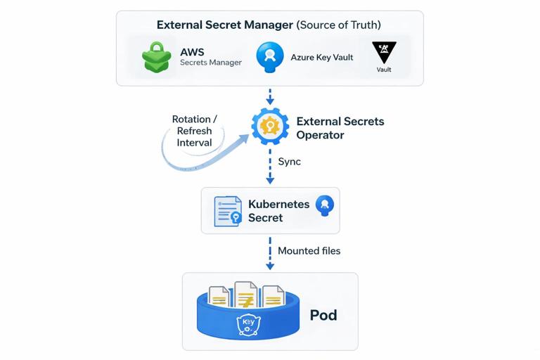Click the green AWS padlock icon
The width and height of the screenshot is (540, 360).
[x=157, y=57]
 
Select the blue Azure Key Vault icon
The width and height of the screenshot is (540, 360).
[x=270, y=56]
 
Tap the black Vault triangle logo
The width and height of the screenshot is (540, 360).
[x=384, y=53]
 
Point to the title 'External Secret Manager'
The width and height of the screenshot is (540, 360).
[x=225, y=25]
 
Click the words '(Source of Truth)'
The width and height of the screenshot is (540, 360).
[x=339, y=25]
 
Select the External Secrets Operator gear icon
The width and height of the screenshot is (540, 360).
[x=270, y=126]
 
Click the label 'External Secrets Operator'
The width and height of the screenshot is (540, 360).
[x=340, y=127]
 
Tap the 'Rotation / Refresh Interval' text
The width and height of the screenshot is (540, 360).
[x=195, y=131]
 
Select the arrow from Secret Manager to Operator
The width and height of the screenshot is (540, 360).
[x=270, y=96]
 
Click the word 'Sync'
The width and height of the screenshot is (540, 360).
[x=289, y=162]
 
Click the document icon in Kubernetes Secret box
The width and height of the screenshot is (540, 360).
[x=228, y=210]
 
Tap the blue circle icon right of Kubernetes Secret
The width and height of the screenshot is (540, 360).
[x=325, y=205]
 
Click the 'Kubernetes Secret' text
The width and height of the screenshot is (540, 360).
[x=278, y=211]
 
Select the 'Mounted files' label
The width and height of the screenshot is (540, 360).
[x=309, y=250]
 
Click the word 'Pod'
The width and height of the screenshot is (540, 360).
[x=323, y=314]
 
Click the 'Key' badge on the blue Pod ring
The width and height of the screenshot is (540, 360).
[x=248, y=325]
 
